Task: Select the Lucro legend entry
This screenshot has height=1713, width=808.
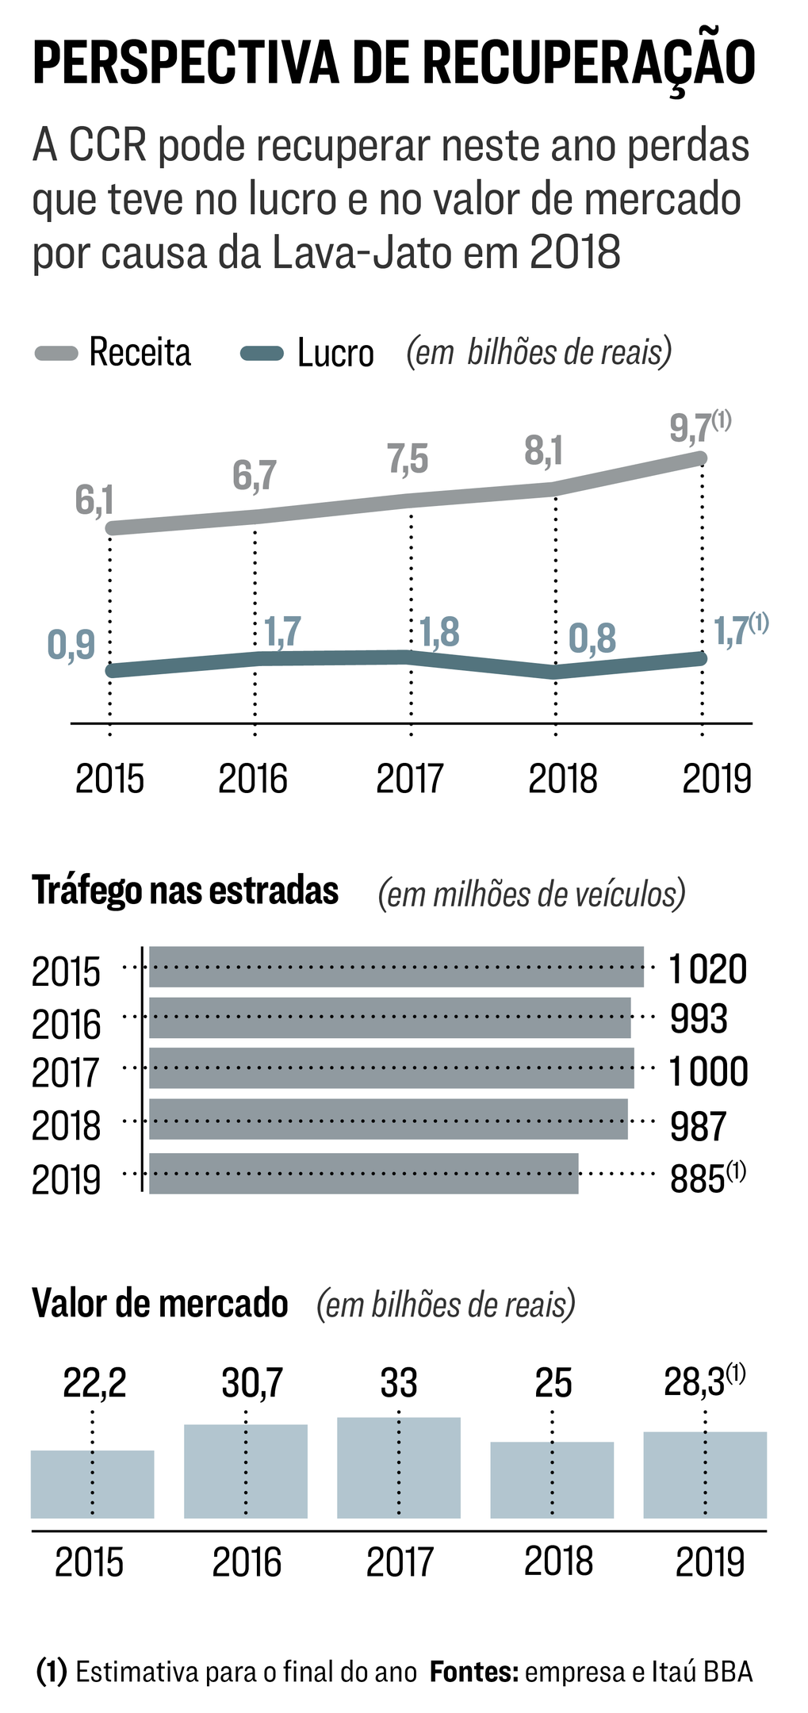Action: tap(308, 354)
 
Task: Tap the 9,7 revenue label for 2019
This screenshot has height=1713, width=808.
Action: tap(691, 429)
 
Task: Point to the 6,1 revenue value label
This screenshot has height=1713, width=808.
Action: tap(94, 501)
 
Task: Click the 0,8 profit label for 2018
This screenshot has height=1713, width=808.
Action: tap(592, 639)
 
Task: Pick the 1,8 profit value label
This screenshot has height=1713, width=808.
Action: tap(439, 633)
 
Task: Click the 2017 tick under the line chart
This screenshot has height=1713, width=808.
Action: tap(410, 779)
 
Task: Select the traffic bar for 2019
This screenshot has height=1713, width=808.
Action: tap(364, 1173)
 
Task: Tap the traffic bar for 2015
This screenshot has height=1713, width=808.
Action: tap(396, 967)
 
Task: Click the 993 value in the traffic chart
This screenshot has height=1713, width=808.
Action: tap(698, 1019)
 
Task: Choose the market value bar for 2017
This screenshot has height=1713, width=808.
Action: tap(399, 1467)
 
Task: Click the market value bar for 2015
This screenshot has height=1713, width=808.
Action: tap(92, 1484)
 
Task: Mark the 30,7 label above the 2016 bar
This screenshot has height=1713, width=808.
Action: tap(252, 1383)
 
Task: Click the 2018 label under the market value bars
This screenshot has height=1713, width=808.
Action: tap(559, 1562)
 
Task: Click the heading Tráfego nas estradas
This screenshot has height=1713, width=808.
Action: tap(186, 891)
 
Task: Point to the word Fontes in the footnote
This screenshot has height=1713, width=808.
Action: tap(473, 1672)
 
